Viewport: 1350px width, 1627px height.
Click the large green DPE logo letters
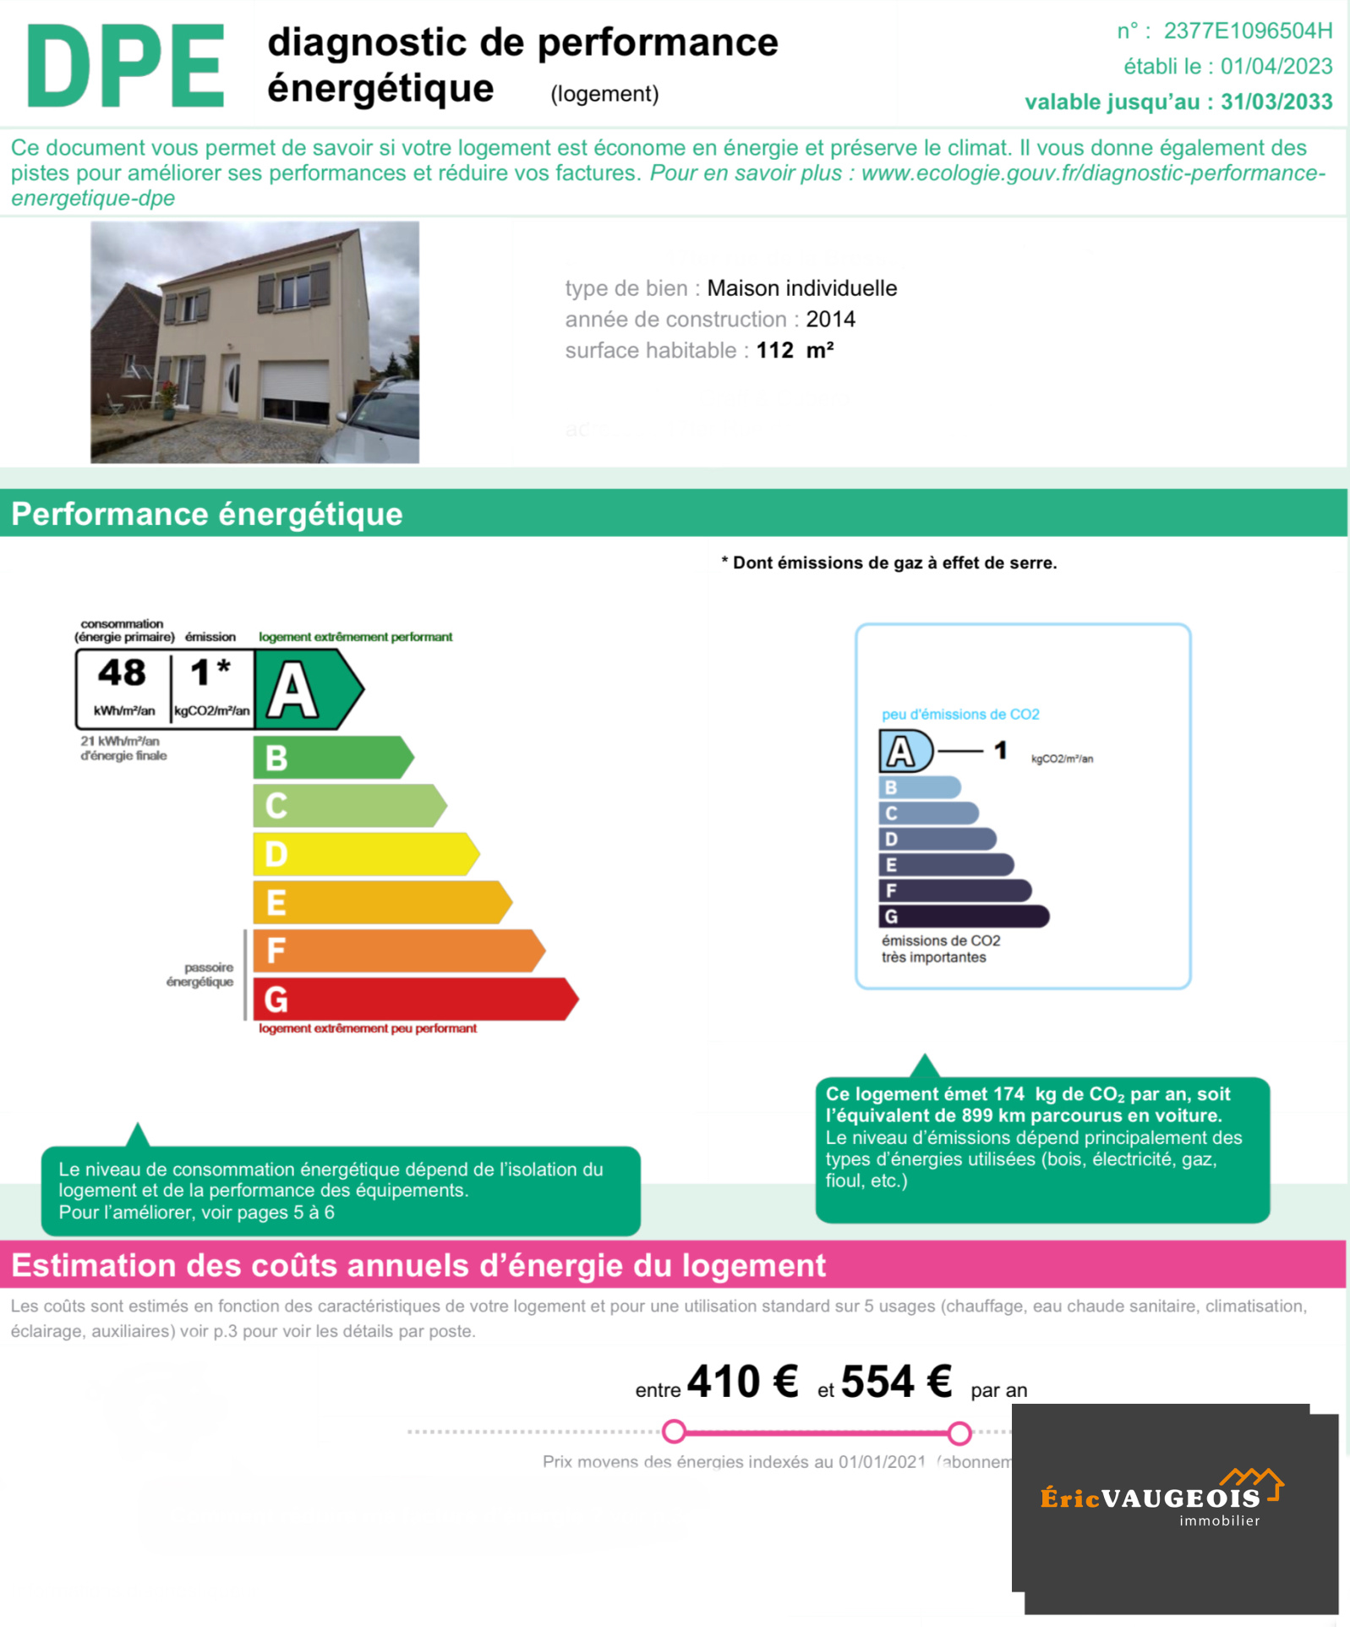pos(126,66)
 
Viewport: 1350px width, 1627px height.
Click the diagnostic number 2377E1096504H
pos(1247,31)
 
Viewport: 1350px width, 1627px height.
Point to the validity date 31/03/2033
pos(1276,102)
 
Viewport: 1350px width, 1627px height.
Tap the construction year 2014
pos(830,320)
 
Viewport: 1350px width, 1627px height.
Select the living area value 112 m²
pos(795,351)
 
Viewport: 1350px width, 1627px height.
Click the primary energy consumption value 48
pos(123,673)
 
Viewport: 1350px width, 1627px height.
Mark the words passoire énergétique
pos(200,975)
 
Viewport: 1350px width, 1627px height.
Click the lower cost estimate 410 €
pos(742,1383)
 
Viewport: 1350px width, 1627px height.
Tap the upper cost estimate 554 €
pos(896,1383)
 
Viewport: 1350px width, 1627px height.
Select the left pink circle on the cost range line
pos(674,1432)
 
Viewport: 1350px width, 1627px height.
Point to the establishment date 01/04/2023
pos(1276,67)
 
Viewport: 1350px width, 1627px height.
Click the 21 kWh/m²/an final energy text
pos(123,748)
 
